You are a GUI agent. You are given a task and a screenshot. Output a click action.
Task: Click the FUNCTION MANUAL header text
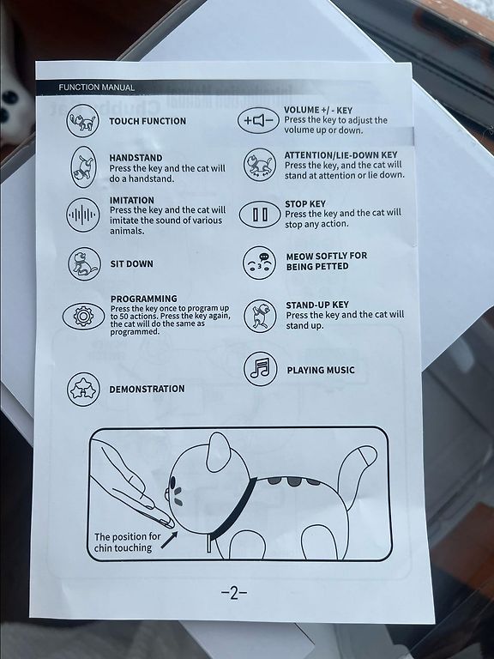(97, 88)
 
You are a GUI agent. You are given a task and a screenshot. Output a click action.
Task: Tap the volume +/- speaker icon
(259, 121)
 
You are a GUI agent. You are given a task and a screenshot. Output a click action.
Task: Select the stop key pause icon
(260, 215)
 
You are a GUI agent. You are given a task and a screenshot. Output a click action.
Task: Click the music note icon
(261, 369)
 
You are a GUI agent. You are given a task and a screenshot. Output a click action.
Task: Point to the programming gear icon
(83, 316)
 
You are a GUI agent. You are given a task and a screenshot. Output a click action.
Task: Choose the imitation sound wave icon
(83, 215)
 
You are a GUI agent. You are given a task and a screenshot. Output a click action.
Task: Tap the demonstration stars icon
(83, 390)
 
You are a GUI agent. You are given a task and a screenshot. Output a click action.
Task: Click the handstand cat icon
(83, 166)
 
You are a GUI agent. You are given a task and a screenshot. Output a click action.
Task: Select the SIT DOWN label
(131, 264)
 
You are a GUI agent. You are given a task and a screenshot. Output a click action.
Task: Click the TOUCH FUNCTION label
(148, 121)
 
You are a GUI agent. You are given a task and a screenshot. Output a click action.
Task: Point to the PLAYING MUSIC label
(321, 371)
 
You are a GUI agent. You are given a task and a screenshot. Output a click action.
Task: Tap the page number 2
(234, 593)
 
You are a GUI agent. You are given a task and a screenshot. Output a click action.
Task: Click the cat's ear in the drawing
(219, 452)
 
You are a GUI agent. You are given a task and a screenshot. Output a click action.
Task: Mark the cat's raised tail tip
(368, 455)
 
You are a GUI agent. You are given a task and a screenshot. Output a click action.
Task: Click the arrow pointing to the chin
(169, 540)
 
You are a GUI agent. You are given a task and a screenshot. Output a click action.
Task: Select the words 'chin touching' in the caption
(123, 548)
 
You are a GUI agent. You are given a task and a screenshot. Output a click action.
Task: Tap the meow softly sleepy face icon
(260, 263)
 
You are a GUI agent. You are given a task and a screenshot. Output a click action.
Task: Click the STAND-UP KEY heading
(317, 305)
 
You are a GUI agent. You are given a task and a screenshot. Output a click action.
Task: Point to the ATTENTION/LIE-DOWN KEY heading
(340, 155)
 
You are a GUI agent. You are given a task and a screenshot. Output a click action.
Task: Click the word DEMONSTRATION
(147, 390)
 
